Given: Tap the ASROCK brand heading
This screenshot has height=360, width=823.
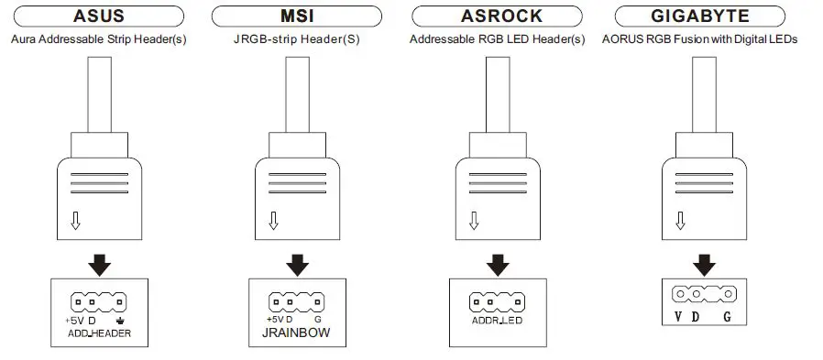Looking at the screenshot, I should (x=502, y=16).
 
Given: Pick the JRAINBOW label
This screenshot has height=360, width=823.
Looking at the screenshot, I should (x=290, y=333).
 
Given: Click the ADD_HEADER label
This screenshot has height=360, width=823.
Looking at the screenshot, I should (x=100, y=333).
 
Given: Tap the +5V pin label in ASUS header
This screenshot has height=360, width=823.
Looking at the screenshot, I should (x=73, y=320).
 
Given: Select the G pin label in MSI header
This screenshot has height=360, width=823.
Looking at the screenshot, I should (x=317, y=320).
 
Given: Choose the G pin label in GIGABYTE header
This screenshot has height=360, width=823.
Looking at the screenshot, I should (x=727, y=317).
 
